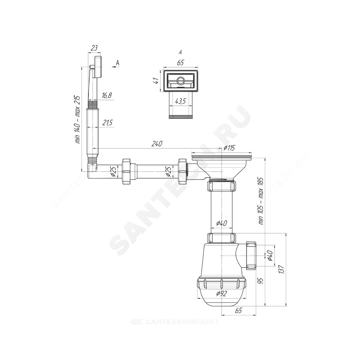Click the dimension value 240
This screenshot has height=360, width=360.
pos(157,144)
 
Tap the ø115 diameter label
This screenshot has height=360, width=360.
pos(229,148)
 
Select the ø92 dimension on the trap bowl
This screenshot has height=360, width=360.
pos(221,293)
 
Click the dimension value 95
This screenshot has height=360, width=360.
pos(261,281)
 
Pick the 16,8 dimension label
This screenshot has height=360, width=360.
pos(107,95)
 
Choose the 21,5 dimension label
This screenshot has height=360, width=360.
pos(107,123)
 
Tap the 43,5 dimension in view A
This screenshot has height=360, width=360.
pos(180,101)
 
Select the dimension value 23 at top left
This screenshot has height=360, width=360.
pos(94,48)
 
